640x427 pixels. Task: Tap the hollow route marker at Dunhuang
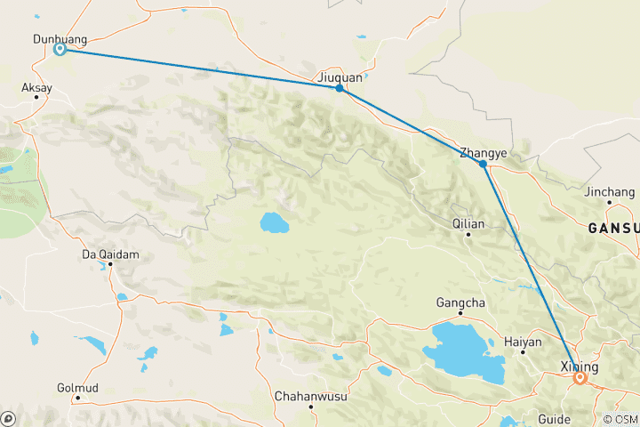(60, 49)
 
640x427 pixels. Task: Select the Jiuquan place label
(340, 77)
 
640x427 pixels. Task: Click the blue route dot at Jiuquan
(340, 88)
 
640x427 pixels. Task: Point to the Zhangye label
(484, 153)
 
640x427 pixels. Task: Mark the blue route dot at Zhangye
(483, 164)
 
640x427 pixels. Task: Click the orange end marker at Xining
(580, 378)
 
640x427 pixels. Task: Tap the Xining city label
(580, 367)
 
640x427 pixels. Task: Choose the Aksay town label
(36, 88)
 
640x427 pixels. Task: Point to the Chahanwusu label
(310, 394)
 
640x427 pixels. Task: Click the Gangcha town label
(460, 302)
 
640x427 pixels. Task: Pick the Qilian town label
(468, 224)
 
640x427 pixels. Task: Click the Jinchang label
(609, 191)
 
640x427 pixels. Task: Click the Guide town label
(554, 418)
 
